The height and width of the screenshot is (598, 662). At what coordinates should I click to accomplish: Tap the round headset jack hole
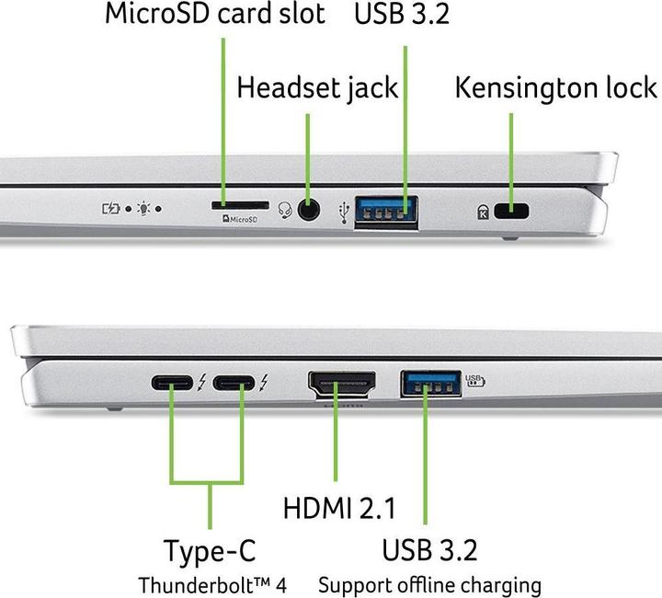point(310,210)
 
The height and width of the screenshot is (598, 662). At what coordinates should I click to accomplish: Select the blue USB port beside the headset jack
point(387,211)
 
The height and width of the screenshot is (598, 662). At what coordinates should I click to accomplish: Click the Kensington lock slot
point(511,212)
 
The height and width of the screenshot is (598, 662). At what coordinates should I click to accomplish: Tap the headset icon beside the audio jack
point(285,212)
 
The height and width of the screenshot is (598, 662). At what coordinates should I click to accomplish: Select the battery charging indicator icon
point(110,209)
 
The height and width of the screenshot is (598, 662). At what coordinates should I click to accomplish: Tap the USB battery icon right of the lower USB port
point(474,377)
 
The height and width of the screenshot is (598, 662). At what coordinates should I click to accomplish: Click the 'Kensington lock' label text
point(556,88)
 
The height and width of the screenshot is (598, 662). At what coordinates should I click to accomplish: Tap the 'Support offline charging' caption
point(429,584)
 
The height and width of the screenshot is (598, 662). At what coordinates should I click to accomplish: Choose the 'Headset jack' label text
point(317,88)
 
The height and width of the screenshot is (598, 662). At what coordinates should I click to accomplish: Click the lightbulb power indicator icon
point(145,209)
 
